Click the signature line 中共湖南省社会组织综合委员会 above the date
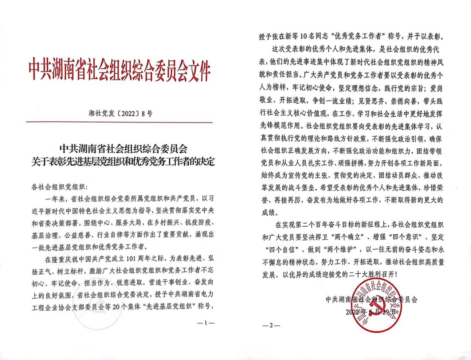point(371,299)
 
